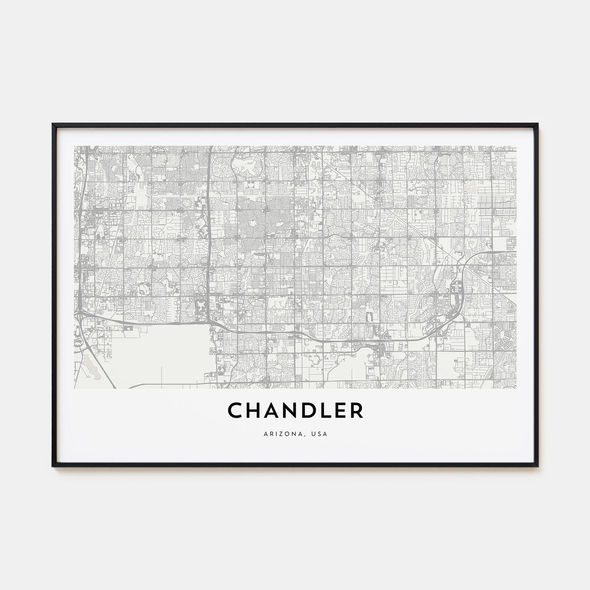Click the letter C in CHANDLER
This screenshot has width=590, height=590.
click(x=235, y=411)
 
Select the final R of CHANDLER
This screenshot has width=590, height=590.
click(x=357, y=411)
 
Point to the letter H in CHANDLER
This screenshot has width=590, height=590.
click(x=252, y=411)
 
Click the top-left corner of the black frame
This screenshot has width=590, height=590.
click(x=53, y=124)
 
